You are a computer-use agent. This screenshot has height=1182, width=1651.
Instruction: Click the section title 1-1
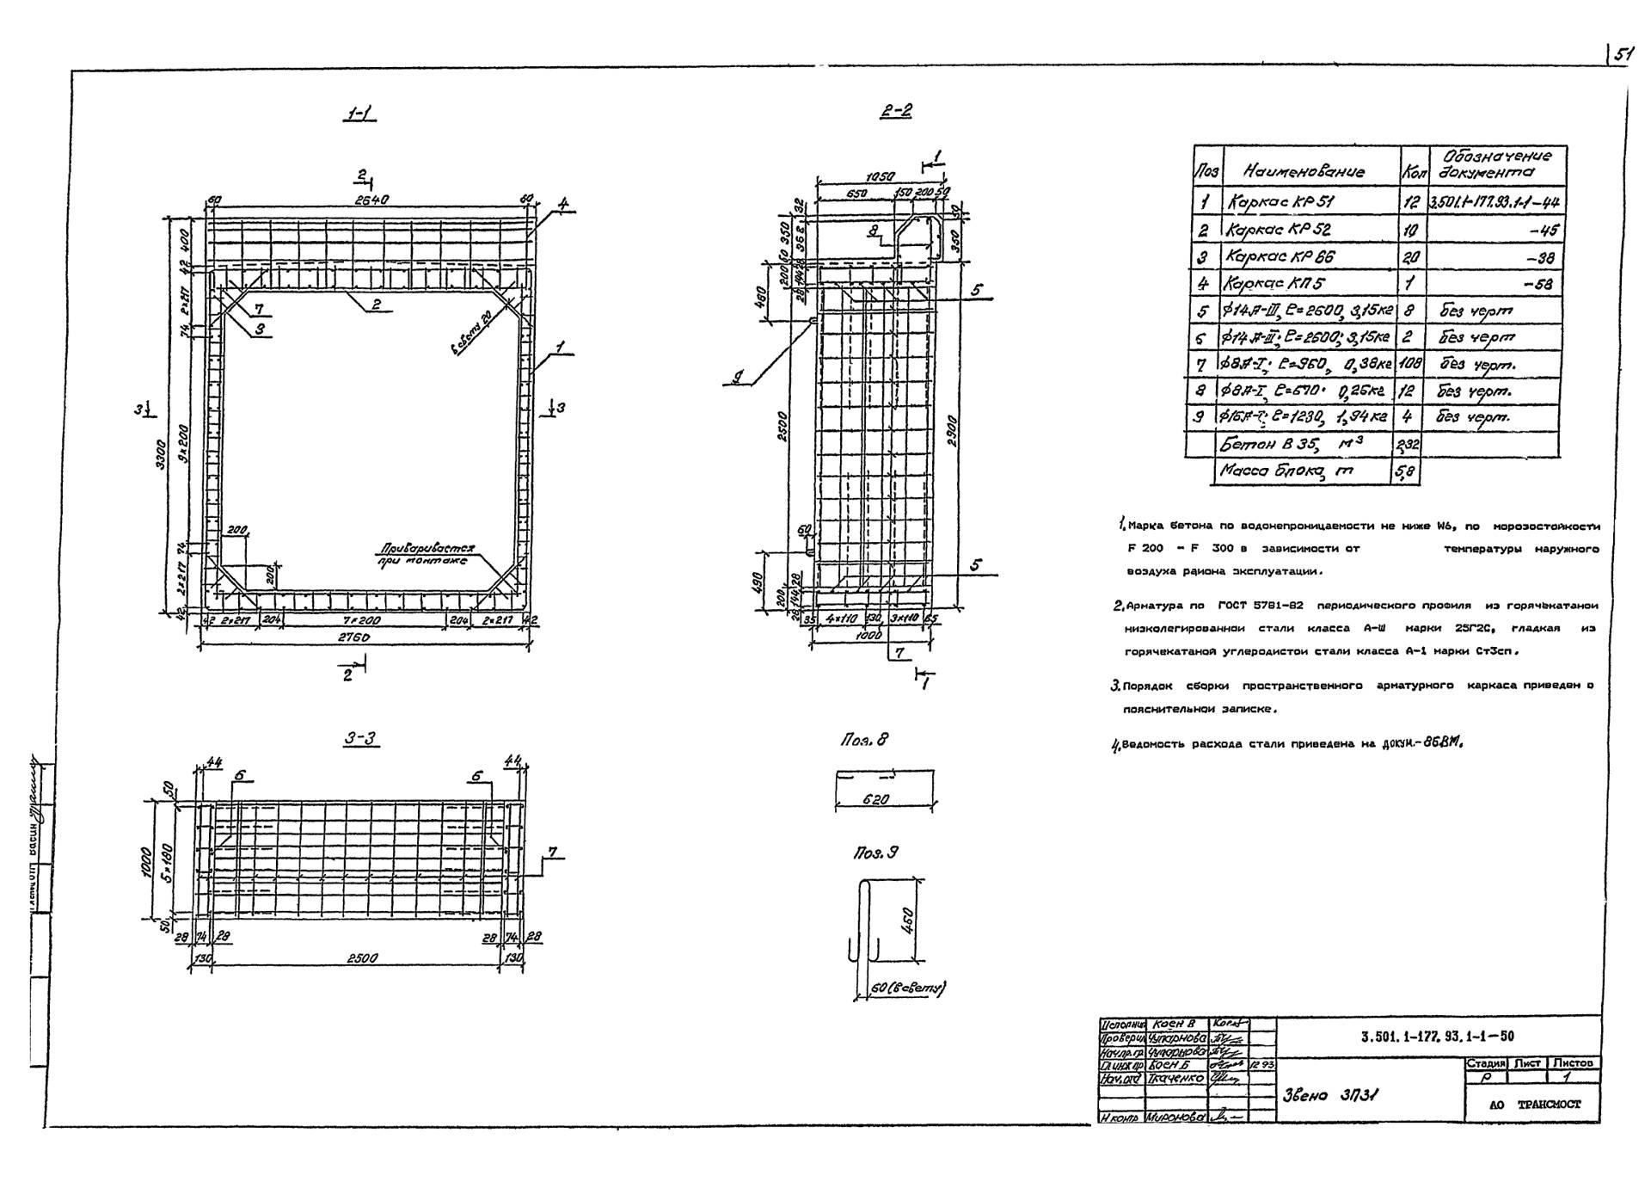pyautogui.click(x=359, y=114)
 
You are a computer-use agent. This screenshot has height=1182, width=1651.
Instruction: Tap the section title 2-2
pyautogui.click(x=895, y=110)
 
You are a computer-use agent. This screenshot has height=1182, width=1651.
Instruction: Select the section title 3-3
pyautogui.click(x=360, y=738)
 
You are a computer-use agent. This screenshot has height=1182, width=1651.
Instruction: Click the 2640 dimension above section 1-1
pyautogui.click(x=371, y=200)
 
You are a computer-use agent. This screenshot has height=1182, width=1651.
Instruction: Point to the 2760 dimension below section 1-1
pyautogui.click(x=353, y=637)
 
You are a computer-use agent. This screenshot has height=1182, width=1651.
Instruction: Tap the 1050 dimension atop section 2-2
pyautogui.click(x=879, y=177)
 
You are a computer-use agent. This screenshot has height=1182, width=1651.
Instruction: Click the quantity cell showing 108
pyautogui.click(x=1410, y=364)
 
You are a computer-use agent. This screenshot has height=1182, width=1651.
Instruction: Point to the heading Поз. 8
pyautogui.click(x=864, y=739)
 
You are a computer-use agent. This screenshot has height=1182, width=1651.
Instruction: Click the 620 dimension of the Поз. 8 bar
pyautogui.click(x=875, y=799)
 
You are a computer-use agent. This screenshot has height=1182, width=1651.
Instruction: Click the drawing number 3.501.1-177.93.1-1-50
pyautogui.click(x=1437, y=1037)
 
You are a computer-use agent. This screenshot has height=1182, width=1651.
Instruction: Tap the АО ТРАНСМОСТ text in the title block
pyautogui.click(x=1535, y=1105)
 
